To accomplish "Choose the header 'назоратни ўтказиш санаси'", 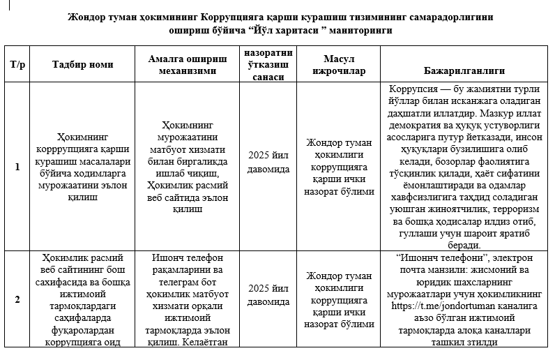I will click(268, 65).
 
